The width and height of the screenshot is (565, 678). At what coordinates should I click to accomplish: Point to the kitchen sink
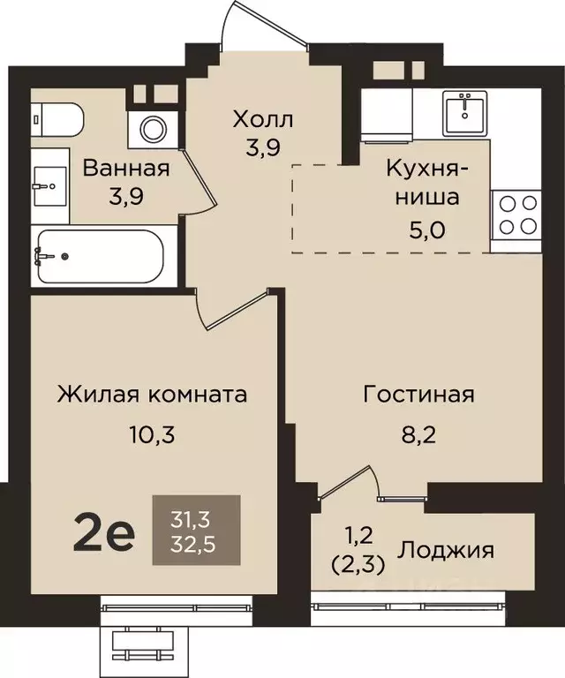(x=463, y=112)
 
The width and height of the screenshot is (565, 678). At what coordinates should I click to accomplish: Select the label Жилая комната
(x=151, y=394)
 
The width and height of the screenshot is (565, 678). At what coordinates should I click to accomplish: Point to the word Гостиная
(x=418, y=394)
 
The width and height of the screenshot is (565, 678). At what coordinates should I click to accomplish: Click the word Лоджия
(x=447, y=550)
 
